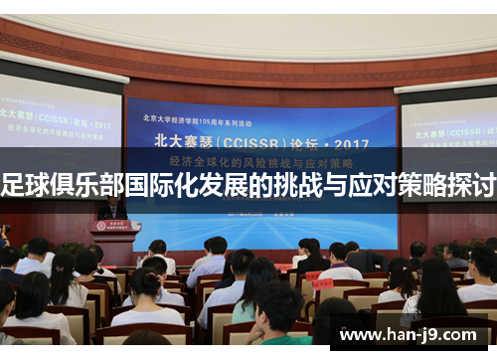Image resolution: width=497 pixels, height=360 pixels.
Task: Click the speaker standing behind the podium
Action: pyautogui.click(x=111, y=209)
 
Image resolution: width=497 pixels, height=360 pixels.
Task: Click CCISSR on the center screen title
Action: pyautogui.click(x=240, y=139)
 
